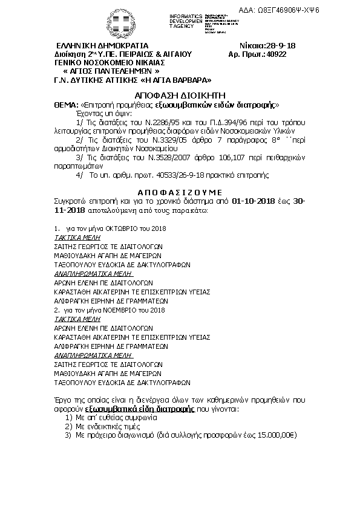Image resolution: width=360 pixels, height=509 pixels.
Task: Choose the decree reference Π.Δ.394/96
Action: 208,121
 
